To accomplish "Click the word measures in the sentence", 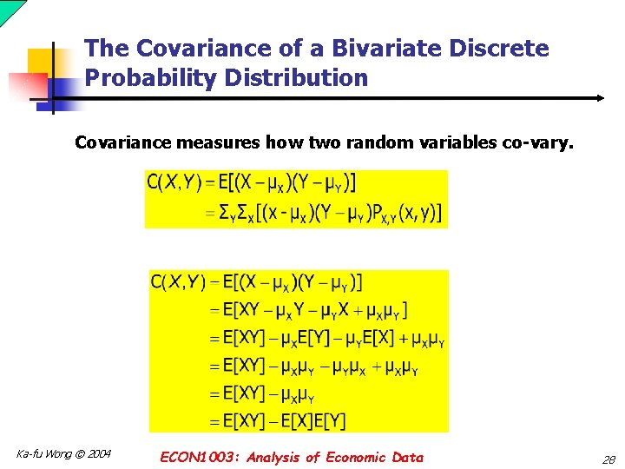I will click(217, 142).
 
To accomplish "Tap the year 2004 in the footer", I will click(97, 454).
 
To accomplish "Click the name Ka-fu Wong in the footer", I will click(43, 454).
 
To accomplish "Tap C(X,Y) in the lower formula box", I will click(178, 281).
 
